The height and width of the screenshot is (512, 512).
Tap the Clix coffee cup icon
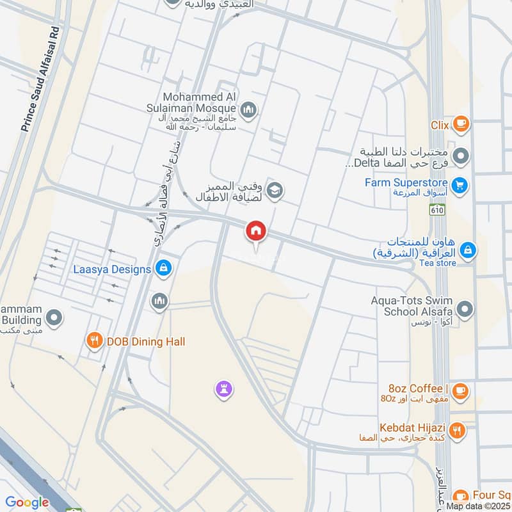(x=460, y=124)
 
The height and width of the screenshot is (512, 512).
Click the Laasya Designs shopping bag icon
(x=163, y=268)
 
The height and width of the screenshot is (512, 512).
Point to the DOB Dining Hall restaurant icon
(x=95, y=341)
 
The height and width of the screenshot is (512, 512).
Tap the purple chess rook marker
(x=224, y=388)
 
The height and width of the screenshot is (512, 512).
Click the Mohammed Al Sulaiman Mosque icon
(x=249, y=110)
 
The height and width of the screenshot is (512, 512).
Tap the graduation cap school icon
(x=276, y=190)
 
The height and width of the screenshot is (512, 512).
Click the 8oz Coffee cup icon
(x=461, y=390)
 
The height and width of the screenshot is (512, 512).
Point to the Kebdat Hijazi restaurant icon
(x=457, y=429)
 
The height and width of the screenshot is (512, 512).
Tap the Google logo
(x=27, y=502)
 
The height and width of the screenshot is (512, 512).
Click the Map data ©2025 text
(x=477, y=506)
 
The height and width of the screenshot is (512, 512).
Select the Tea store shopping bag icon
(x=468, y=250)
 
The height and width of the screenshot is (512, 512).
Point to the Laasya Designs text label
(x=112, y=269)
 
